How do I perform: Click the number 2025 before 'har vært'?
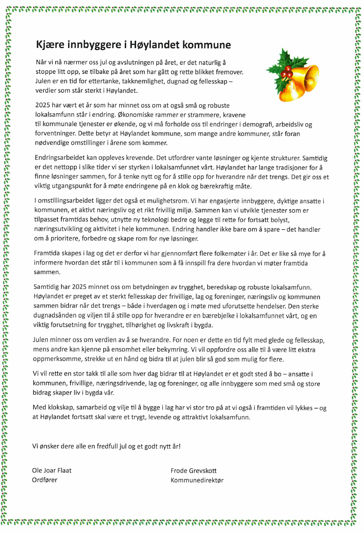coord(42,105)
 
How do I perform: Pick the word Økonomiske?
coord(136,115)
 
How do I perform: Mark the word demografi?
coord(249,125)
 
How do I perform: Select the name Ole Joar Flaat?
coord(52,471)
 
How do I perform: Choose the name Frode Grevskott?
coord(194,471)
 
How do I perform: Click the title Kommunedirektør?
coord(197,480)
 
